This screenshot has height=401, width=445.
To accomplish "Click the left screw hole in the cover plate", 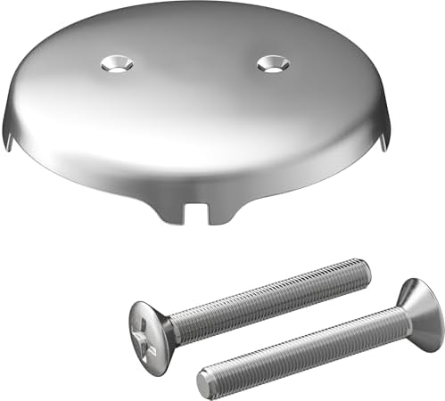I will (x=116, y=63).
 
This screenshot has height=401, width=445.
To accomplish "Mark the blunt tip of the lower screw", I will (x=204, y=383).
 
